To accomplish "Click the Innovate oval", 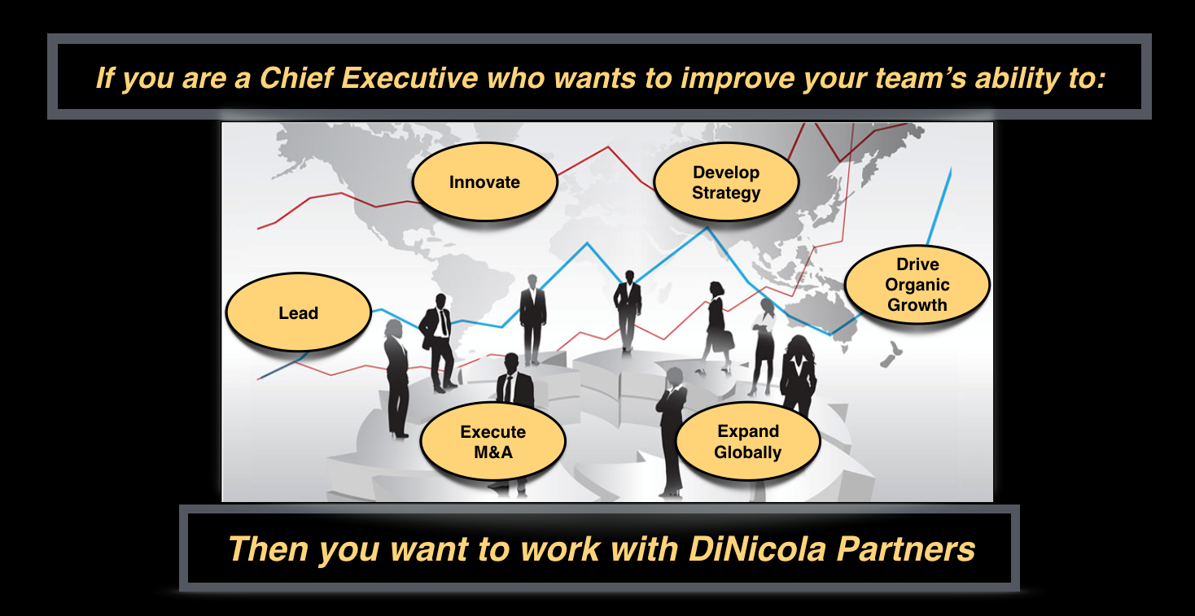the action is pyautogui.click(x=485, y=181).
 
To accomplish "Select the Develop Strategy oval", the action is pyautogui.click(x=726, y=181).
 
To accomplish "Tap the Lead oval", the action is pyautogui.click(x=299, y=312).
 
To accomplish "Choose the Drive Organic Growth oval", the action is pyautogui.click(x=917, y=284).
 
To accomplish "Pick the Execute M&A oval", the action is pyautogui.click(x=493, y=441).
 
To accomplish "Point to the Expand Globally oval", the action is pyautogui.click(x=748, y=441).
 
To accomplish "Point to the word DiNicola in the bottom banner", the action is pyautogui.click(x=758, y=549).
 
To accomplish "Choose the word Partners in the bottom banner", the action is pyautogui.click(x=906, y=549).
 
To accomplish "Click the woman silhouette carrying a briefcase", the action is pyautogui.click(x=717, y=326).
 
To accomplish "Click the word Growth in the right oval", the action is pyautogui.click(x=917, y=305).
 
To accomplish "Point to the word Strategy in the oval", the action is pyautogui.click(x=726, y=193).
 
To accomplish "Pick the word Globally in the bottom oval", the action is pyautogui.click(x=748, y=452).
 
